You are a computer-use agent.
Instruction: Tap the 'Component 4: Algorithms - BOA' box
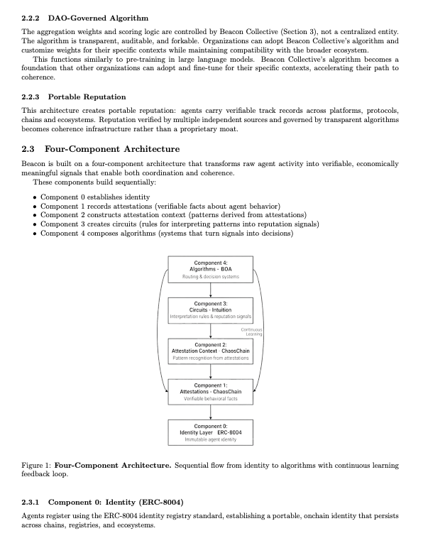[x=210, y=269]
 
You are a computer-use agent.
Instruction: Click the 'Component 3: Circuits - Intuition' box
[x=210, y=309]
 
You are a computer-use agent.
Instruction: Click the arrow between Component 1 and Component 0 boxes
[x=210, y=412]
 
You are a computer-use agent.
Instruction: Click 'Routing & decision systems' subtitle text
[x=210, y=277]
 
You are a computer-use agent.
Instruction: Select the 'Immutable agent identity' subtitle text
[x=210, y=440]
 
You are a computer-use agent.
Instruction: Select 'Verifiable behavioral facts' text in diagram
[x=210, y=400]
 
